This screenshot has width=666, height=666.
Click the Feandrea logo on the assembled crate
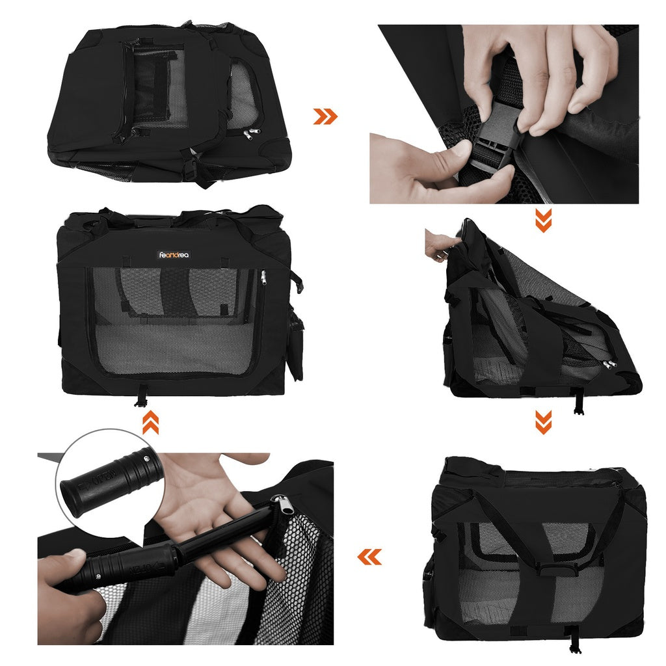click(174, 255)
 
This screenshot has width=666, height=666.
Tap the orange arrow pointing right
click(325, 116)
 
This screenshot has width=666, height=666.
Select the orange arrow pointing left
click(370, 557)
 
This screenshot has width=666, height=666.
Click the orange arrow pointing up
click(150, 423)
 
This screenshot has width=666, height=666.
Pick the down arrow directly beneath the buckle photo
click(544, 220)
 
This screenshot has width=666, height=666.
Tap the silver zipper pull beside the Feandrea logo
click(263, 278)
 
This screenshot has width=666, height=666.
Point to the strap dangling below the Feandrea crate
click(140, 396)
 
